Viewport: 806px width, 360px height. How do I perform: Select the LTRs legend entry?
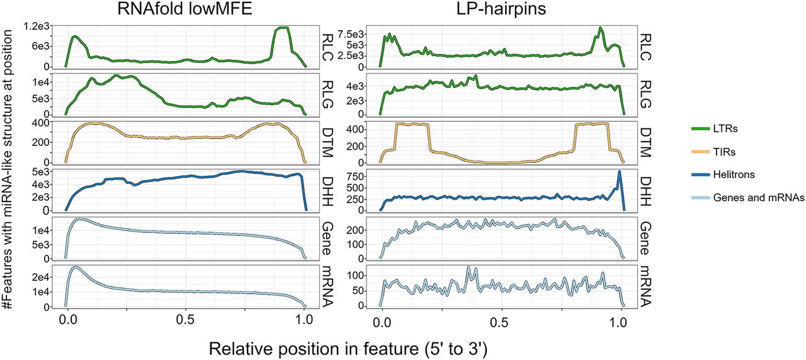(x=721, y=129)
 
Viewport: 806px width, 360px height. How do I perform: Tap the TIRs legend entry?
(x=720, y=152)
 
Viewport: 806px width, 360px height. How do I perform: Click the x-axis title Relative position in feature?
(x=355, y=347)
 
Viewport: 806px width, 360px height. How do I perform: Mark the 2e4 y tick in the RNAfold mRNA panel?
(x=40, y=277)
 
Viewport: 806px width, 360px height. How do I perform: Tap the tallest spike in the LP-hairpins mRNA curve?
(x=468, y=267)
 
